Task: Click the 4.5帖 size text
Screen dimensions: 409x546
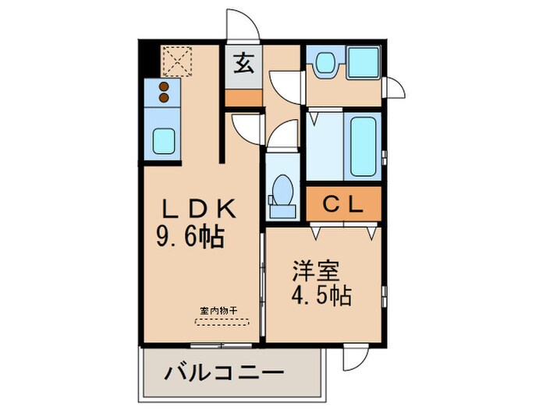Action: [321, 297]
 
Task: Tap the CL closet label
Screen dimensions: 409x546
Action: [343, 206]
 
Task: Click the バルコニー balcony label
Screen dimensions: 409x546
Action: [223, 373]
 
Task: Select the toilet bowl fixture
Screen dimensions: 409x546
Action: [282, 192]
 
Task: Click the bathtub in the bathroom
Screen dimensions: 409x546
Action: [363, 146]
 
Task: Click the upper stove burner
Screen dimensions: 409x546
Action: [165, 86]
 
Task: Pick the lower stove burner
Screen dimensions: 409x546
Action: [165, 98]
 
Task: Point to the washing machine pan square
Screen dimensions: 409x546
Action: [362, 62]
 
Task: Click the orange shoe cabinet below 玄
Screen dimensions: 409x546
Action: [243, 98]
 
